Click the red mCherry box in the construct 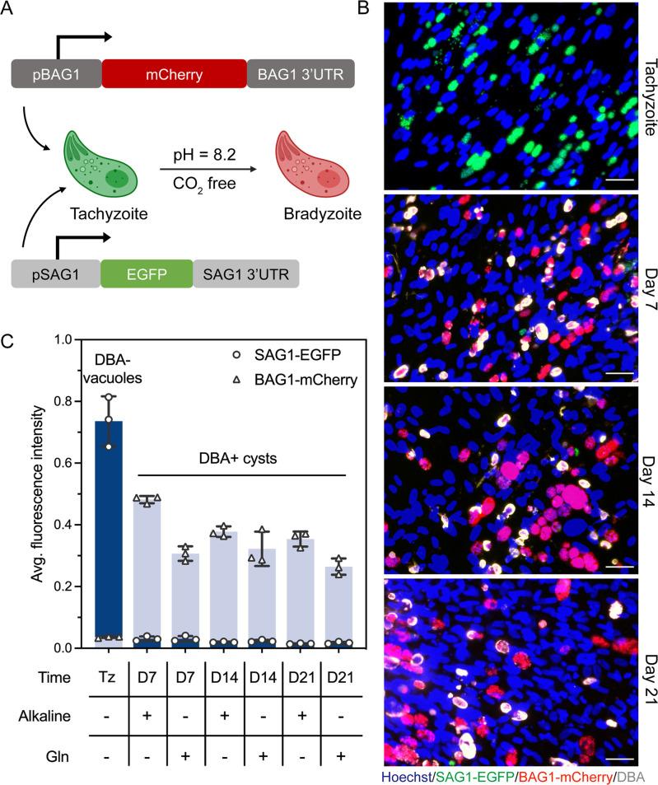pos(175,73)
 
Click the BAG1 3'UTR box pos(301,73)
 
